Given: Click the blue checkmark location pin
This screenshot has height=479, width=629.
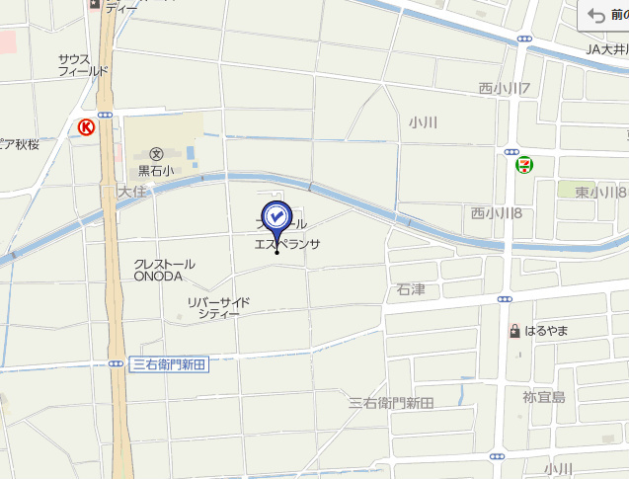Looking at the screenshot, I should (276, 217).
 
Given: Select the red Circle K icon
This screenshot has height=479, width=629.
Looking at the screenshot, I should (87, 126).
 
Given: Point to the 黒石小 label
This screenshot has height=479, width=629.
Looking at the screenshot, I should (156, 170).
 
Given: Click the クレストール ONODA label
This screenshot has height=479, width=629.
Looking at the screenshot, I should (164, 270).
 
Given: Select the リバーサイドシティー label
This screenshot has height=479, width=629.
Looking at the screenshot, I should (218, 307).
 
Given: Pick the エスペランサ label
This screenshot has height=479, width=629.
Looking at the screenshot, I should (287, 243).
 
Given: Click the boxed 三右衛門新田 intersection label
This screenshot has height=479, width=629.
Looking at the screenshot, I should (169, 364).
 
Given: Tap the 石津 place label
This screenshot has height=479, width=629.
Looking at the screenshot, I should (410, 289).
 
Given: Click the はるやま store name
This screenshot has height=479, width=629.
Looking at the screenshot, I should (546, 330).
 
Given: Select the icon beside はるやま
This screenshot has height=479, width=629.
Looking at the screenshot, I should (514, 330).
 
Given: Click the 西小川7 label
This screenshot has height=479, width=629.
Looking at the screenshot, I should (505, 89).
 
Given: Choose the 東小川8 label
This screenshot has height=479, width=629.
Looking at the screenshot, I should (596, 192).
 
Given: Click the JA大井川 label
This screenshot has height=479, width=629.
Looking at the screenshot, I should (606, 48).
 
